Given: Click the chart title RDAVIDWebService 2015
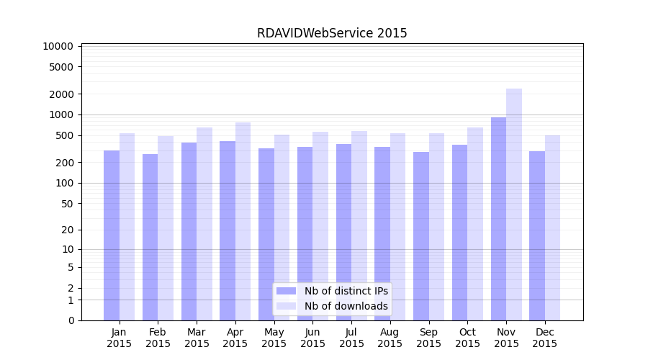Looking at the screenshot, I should tap(332, 33).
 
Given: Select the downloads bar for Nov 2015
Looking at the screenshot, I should tap(514, 204).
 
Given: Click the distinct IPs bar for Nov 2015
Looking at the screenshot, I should tap(498, 219).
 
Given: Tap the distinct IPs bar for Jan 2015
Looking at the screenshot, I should tap(112, 235).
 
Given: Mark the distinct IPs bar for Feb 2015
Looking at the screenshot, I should tap(150, 237).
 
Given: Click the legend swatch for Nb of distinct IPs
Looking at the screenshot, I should tap(286, 291).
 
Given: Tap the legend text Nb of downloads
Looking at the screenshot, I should tap(346, 306).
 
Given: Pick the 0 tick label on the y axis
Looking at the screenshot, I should tap(71, 320).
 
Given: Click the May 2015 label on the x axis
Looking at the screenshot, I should tap(274, 338).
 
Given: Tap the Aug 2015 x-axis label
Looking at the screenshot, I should tap(390, 338).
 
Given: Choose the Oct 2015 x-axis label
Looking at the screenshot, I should tap(467, 338).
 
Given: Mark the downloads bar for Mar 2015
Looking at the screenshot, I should tap(204, 224).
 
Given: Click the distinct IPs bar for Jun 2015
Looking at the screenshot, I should tap(305, 233).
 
